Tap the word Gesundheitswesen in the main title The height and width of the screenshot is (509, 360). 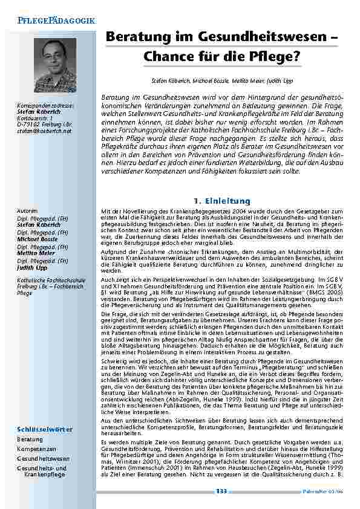click(260, 37)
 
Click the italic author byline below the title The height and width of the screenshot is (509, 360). click(221, 80)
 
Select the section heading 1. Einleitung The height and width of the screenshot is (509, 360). click(221, 201)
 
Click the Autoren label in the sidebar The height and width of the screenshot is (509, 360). click(27, 210)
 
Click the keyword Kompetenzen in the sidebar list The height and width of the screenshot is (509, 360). click(37, 449)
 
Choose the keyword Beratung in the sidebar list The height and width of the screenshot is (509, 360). click(30, 439)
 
